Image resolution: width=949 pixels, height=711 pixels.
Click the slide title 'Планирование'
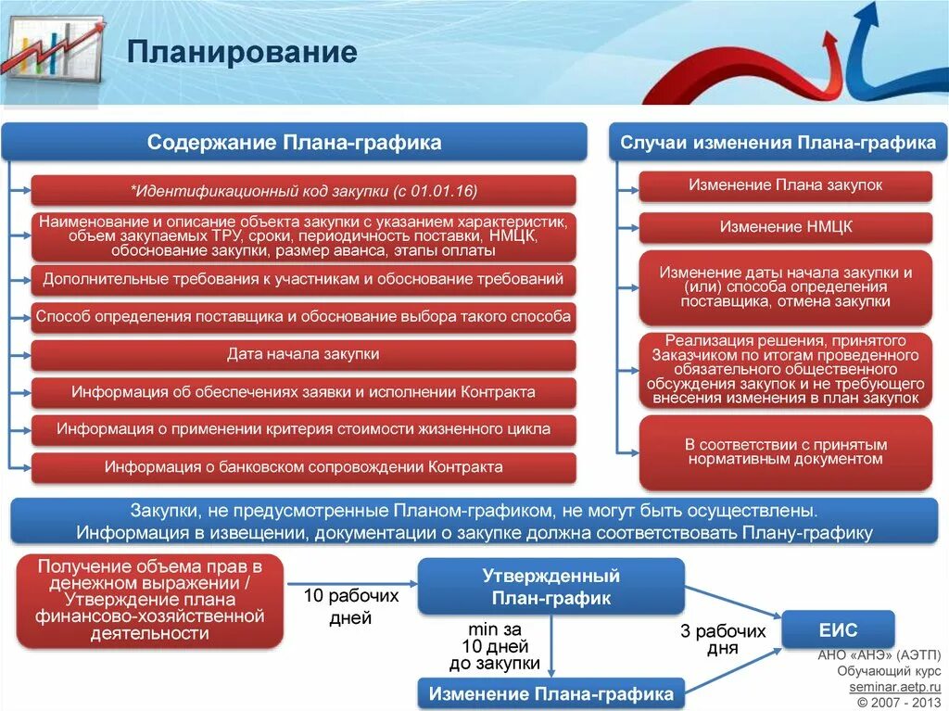(x=242, y=52)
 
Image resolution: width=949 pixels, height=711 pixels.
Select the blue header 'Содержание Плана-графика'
(x=294, y=143)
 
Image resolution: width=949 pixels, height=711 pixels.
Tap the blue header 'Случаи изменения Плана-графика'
(x=777, y=143)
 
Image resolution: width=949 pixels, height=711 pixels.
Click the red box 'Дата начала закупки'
(x=303, y=354)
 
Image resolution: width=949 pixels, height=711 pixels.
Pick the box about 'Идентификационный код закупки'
(x=303, y=191)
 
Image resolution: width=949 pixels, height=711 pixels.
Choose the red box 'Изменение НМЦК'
(x=786, y=227)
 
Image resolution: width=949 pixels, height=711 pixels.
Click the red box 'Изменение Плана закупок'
(x=786, y=185)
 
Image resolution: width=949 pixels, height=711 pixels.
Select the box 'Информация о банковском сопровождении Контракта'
(x=303, y=467)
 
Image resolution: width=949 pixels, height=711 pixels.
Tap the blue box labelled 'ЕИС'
(x=838, y=629)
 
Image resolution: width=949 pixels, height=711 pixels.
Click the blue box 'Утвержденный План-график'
(x=550, y=587)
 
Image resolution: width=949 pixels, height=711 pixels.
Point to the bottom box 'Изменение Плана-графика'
(x=550, y=693)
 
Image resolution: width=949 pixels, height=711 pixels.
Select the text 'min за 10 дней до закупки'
(x=496, y=646)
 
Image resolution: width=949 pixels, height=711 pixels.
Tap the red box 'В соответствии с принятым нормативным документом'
(x=786, y=452)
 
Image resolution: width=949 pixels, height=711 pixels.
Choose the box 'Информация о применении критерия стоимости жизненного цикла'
(x=303, y=429)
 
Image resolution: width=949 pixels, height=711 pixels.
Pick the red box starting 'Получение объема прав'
(x=149, y=600)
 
